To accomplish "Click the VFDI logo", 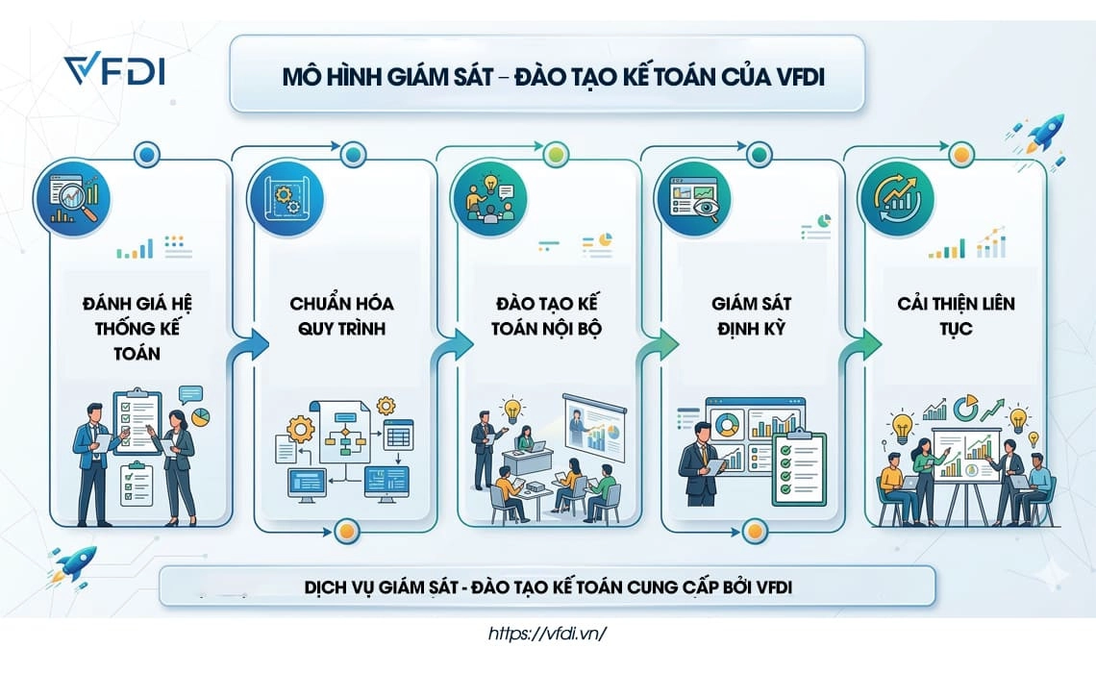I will [113, 70].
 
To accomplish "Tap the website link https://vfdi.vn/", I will [548, 635].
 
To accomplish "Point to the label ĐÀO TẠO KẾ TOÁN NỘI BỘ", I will [547, 315].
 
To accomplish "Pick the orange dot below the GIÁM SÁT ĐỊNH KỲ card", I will [754, 530].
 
